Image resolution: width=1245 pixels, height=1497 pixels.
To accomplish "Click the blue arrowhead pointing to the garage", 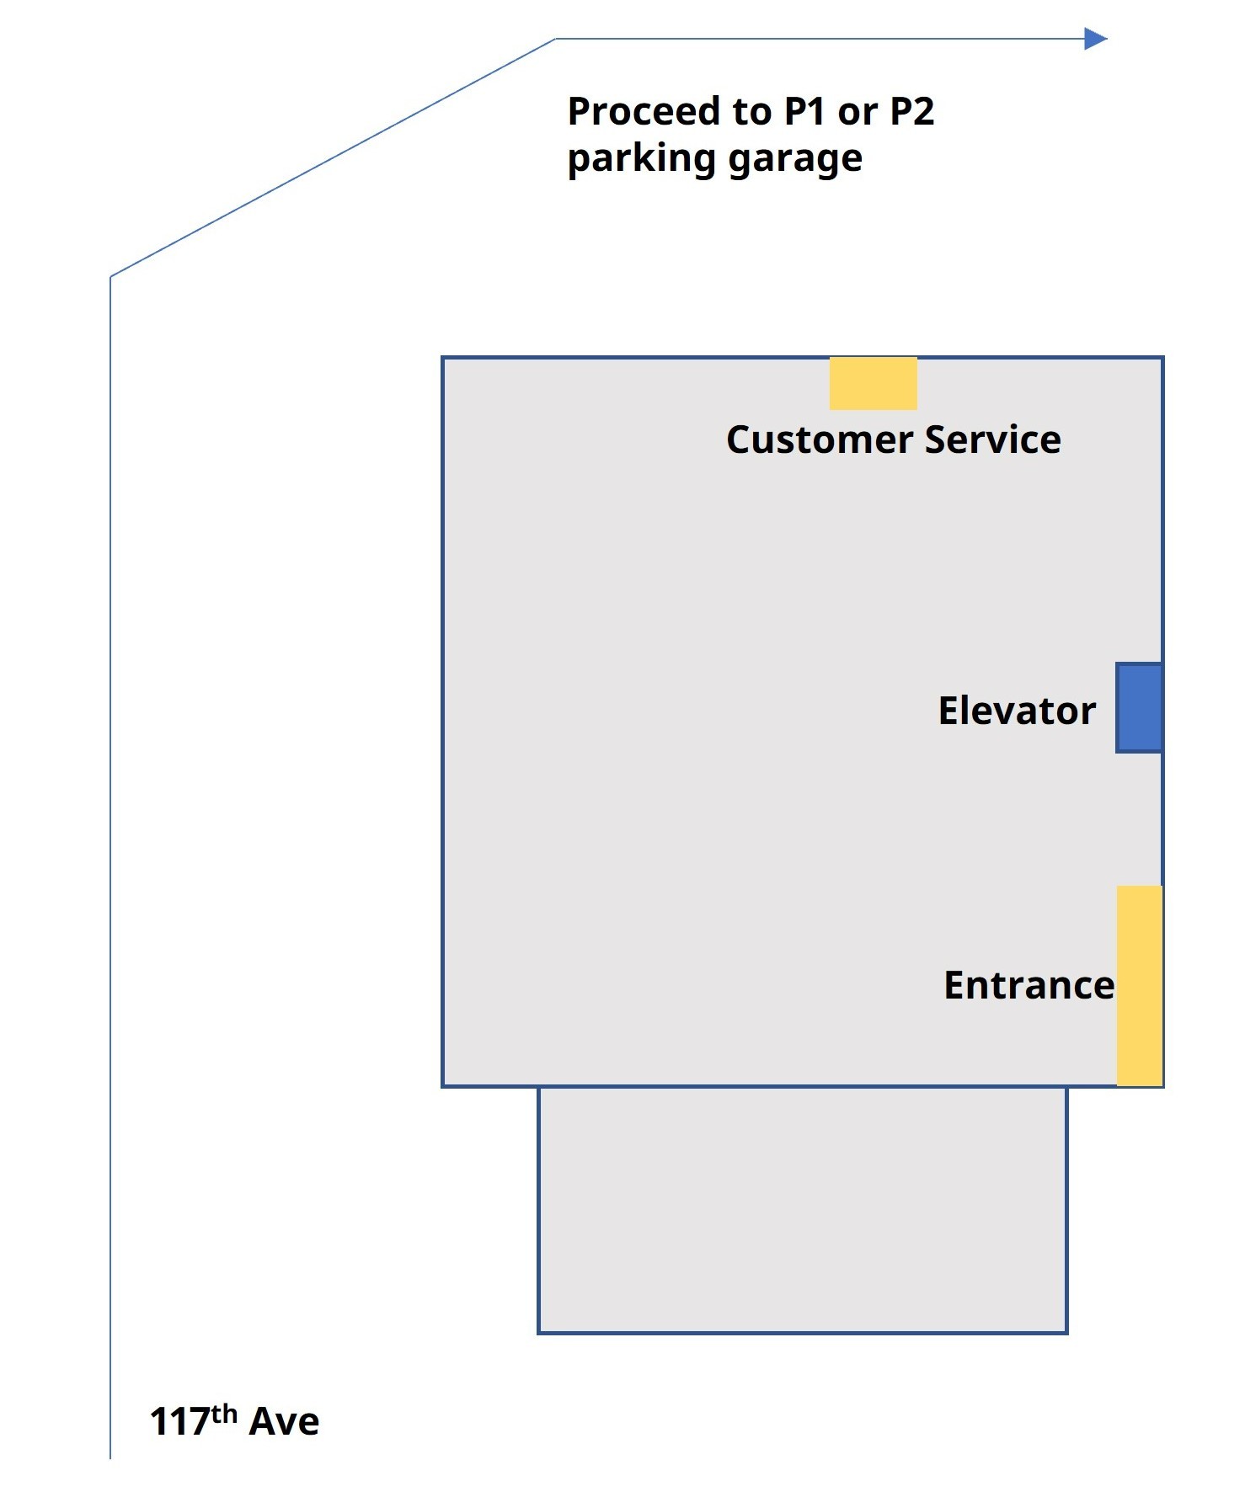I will click(x=1095, y=39).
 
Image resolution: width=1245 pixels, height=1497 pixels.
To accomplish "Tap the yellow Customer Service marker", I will click(x=873, y=384).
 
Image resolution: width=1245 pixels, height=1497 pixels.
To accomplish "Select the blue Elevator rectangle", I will click(x=1139, y=707).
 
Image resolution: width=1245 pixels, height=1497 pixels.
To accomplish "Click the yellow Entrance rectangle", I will click(x=1139, y=985).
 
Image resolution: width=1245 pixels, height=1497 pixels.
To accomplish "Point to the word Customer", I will click(x=820, y=440).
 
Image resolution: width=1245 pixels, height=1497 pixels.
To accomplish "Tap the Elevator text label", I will click(x=1017, y=711).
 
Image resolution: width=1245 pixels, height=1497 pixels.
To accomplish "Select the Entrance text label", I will click(x=1029, y=985).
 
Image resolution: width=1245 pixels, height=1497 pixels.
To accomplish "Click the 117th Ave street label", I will click(x=234, y=1421).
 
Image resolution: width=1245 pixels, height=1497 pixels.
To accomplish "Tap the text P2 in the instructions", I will click(x=911, y=111).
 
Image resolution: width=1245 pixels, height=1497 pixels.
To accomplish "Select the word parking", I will click(x=642, y=158).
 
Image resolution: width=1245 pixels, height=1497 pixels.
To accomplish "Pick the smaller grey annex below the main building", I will click(x=802, y=1209).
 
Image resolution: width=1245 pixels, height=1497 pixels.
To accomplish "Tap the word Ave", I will click(x=284, y=1422).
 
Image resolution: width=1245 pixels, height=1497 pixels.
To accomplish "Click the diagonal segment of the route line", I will click(x=333, y=157).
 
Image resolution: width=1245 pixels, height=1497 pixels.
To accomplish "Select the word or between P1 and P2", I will click(x=858, y=113).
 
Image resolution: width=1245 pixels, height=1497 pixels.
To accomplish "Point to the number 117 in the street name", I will click(x=179, y=1422).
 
